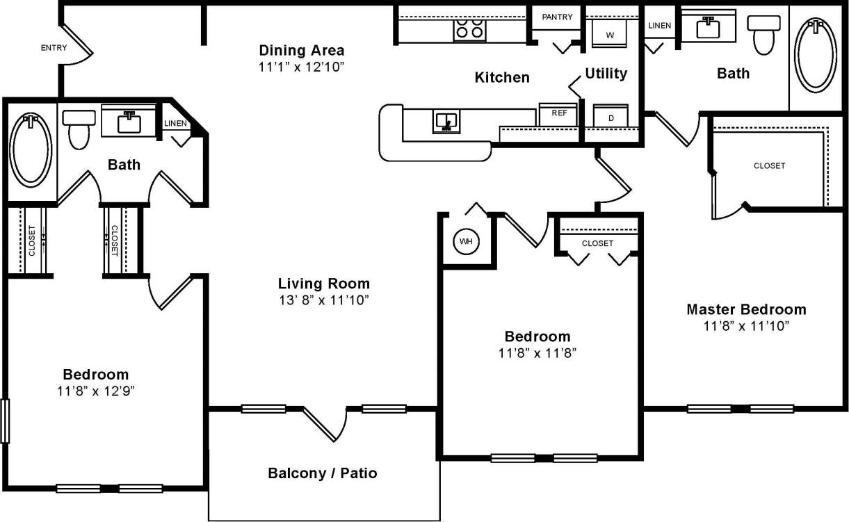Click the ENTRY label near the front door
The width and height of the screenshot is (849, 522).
click(54, 48)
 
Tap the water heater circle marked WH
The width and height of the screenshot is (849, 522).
click(465, 242)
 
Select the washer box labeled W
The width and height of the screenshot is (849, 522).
click(610, 34)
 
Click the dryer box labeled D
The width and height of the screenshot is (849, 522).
click(611, 117)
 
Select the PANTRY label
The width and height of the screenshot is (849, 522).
click(557, 17)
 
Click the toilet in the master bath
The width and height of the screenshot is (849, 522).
click(763, 34)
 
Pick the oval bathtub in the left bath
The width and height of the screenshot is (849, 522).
click(30, 151)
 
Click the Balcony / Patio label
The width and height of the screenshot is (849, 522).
click(323, 473)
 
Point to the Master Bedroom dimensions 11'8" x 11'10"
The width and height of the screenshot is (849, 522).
click(746, 326)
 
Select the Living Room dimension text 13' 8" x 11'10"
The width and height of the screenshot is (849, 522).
click(323, 300)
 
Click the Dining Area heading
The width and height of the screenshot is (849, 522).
click(301, 50)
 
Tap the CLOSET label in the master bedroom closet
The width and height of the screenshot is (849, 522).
click(769, 166)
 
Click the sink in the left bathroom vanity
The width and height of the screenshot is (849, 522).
click(129, 123)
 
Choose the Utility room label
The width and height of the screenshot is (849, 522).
click(606, 74)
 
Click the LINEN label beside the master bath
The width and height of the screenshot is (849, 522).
click(659, 26)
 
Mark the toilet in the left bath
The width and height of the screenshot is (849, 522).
click(79, 130)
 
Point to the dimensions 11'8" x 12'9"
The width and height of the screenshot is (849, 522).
click(96, 391)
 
